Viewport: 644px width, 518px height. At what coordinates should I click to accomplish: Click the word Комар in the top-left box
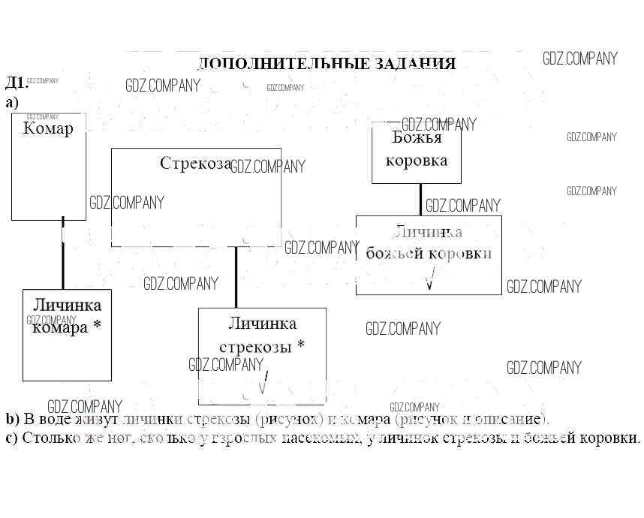[48, 128]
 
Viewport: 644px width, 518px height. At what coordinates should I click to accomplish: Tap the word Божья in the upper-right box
[417, 137]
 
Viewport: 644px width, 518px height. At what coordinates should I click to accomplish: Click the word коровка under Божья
[416, 160]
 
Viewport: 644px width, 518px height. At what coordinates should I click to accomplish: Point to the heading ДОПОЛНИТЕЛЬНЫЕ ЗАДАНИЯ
[327, 64]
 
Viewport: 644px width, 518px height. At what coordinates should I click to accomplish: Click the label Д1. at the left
[15, 82]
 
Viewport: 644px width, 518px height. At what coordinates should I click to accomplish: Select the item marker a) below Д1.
[11, 102]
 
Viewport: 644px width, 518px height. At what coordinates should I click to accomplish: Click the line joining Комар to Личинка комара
[62, 255]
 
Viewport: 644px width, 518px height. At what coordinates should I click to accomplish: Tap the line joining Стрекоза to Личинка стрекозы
[236, 276]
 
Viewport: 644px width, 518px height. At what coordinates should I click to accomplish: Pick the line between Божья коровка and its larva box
[420, 199]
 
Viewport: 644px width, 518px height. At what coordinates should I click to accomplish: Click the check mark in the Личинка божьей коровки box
[430, 281]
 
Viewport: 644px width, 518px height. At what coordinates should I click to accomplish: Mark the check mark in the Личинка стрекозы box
[263, 386]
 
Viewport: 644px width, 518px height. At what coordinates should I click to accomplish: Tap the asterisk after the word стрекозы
[301, 345]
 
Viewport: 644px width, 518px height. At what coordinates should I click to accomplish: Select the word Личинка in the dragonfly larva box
[262, 324]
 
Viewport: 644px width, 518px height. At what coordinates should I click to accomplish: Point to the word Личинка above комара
[67, 305]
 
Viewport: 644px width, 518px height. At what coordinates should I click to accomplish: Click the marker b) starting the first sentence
[12, 419]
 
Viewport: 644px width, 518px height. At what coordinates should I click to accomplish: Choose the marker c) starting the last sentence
[11, 437]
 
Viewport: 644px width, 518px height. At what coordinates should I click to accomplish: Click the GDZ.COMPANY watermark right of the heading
[580, 59]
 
